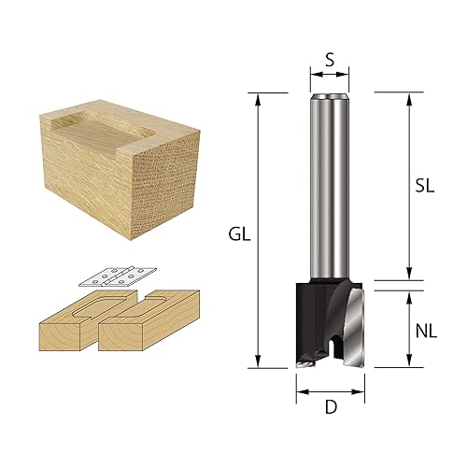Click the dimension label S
(x=328, y=58)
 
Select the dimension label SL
(x=425, y=186)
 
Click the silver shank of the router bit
(x=328, y=187)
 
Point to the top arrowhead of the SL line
(x=408, y=97)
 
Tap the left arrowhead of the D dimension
(x=300, y=393)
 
